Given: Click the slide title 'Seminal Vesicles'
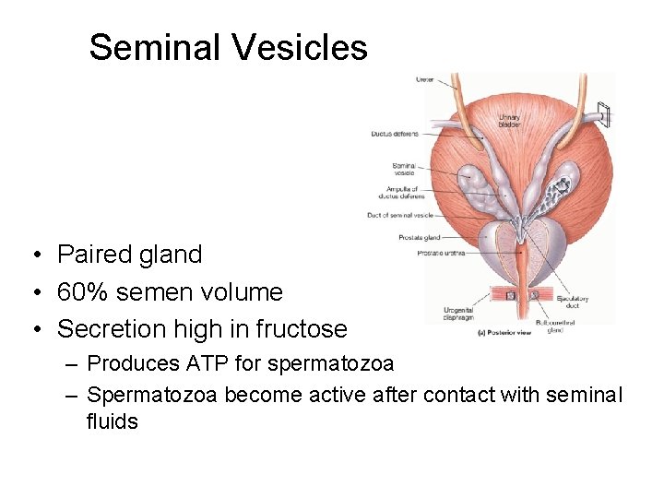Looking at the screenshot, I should [228, 47].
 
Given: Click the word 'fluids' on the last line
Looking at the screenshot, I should [112, 422].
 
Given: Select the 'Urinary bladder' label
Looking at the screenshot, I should [509, 120].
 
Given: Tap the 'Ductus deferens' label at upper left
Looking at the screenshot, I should [394, 134].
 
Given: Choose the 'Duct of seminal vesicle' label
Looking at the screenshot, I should [399, 215].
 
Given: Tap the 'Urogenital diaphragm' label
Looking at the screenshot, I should [457, 314].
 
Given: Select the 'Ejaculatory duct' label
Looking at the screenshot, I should [572, 302].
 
